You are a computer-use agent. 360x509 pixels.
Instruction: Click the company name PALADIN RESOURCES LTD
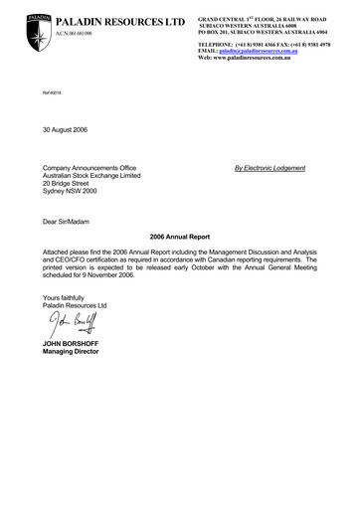coord(106,21)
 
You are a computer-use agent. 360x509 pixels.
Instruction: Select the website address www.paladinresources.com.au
coord(263,59)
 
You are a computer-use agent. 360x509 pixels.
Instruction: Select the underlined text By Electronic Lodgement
coord(270,168)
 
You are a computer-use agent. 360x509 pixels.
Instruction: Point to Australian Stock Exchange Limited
coord(103,176)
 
